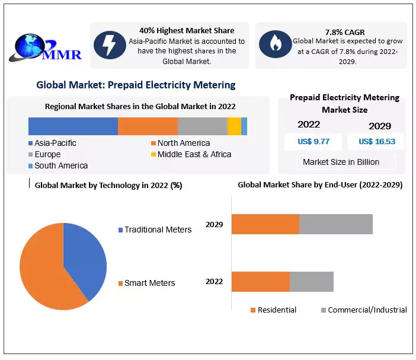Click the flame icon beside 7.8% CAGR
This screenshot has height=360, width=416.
(275, 43)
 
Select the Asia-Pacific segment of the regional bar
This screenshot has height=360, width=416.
(73, 126)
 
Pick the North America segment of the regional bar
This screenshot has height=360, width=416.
(148, 126)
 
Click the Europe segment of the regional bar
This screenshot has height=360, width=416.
(202, 126)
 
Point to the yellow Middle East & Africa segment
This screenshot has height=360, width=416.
(234, 126)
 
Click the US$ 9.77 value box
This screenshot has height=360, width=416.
(314, 141)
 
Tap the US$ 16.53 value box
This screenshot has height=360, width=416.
(376, 141)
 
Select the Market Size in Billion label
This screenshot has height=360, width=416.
(341, 162)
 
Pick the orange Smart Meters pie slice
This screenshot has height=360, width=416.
(44, 273)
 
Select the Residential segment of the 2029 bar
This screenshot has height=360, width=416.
(265, 224)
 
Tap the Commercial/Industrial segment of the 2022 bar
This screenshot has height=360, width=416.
(312, 282)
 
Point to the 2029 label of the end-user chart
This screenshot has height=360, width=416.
(215, 225)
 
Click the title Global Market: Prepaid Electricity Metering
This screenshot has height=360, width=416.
(136, 85)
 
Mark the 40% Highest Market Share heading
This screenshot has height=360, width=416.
(187, 30)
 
